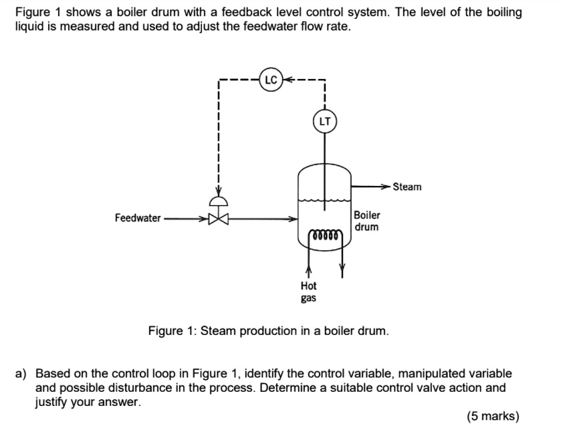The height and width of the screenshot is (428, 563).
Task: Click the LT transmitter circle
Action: tap(324, 122)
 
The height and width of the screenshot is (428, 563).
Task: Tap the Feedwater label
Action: tap(138, 218)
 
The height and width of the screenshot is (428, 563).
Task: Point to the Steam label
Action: tap(407, 187)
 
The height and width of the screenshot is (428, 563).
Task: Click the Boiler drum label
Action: tap(367, 221)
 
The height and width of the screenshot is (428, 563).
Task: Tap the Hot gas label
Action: tap(308, 291)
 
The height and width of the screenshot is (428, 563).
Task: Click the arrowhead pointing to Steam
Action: tap(386, 187)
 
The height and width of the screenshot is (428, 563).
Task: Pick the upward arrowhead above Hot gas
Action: tap(308, 272)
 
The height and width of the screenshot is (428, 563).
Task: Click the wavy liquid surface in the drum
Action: tap(324, 200)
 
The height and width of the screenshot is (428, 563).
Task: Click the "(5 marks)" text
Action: tap(493, 416)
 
